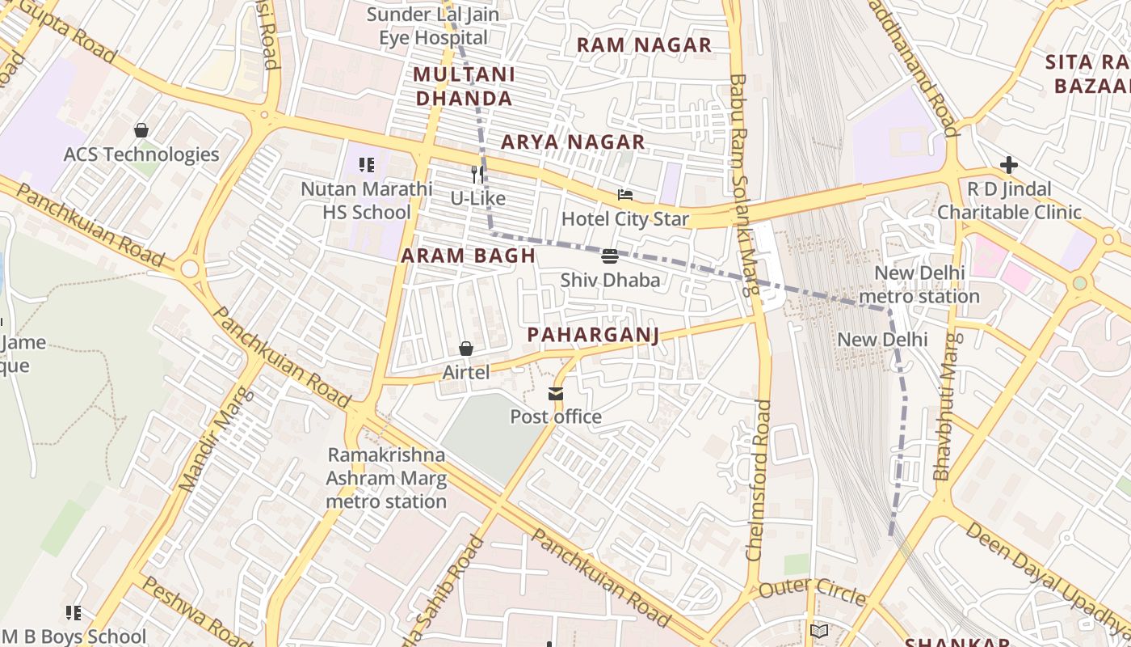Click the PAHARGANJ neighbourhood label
pos(593,335)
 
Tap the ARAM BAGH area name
pos(469,256)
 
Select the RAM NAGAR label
pos(644,45)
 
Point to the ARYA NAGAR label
pos(573,142)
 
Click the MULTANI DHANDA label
pos(463,87)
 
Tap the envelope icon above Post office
pos(556,394)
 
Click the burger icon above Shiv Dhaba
pos(610,257)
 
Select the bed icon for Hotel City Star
pos(624,195)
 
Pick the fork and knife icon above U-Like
pos(477,174)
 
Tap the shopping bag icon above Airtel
pos(466,349)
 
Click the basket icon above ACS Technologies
pos(141,130)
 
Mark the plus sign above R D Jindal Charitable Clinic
pos(1008,165)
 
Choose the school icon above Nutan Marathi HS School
pos(367,165)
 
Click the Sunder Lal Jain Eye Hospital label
pos(433,26)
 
